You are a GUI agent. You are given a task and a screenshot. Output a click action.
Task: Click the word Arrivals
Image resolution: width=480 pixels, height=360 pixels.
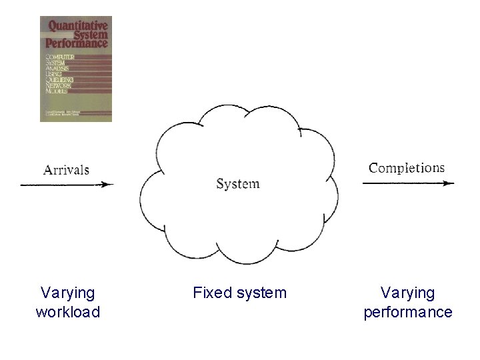(x=66, y=169)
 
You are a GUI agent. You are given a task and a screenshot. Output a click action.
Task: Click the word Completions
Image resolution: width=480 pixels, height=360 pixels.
(x=407, y=167)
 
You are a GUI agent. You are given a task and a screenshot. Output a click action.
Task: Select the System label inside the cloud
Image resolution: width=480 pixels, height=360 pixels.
(x=238, y=183)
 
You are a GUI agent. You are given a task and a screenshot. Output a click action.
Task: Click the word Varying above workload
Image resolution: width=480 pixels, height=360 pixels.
(x=67, y=293)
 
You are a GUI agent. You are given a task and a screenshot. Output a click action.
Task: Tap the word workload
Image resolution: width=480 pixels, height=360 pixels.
(x=67, y=312)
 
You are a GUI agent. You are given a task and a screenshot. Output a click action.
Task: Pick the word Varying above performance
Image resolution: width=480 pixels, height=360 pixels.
(x=407, y=293)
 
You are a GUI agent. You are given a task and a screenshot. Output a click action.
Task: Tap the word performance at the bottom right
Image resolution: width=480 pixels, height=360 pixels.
(x=407, y=312)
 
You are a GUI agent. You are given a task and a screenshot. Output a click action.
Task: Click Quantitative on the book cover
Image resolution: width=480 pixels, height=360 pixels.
(x=77, y=27)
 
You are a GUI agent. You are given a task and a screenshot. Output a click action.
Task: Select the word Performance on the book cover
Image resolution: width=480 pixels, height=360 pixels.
(x=77, y=43)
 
